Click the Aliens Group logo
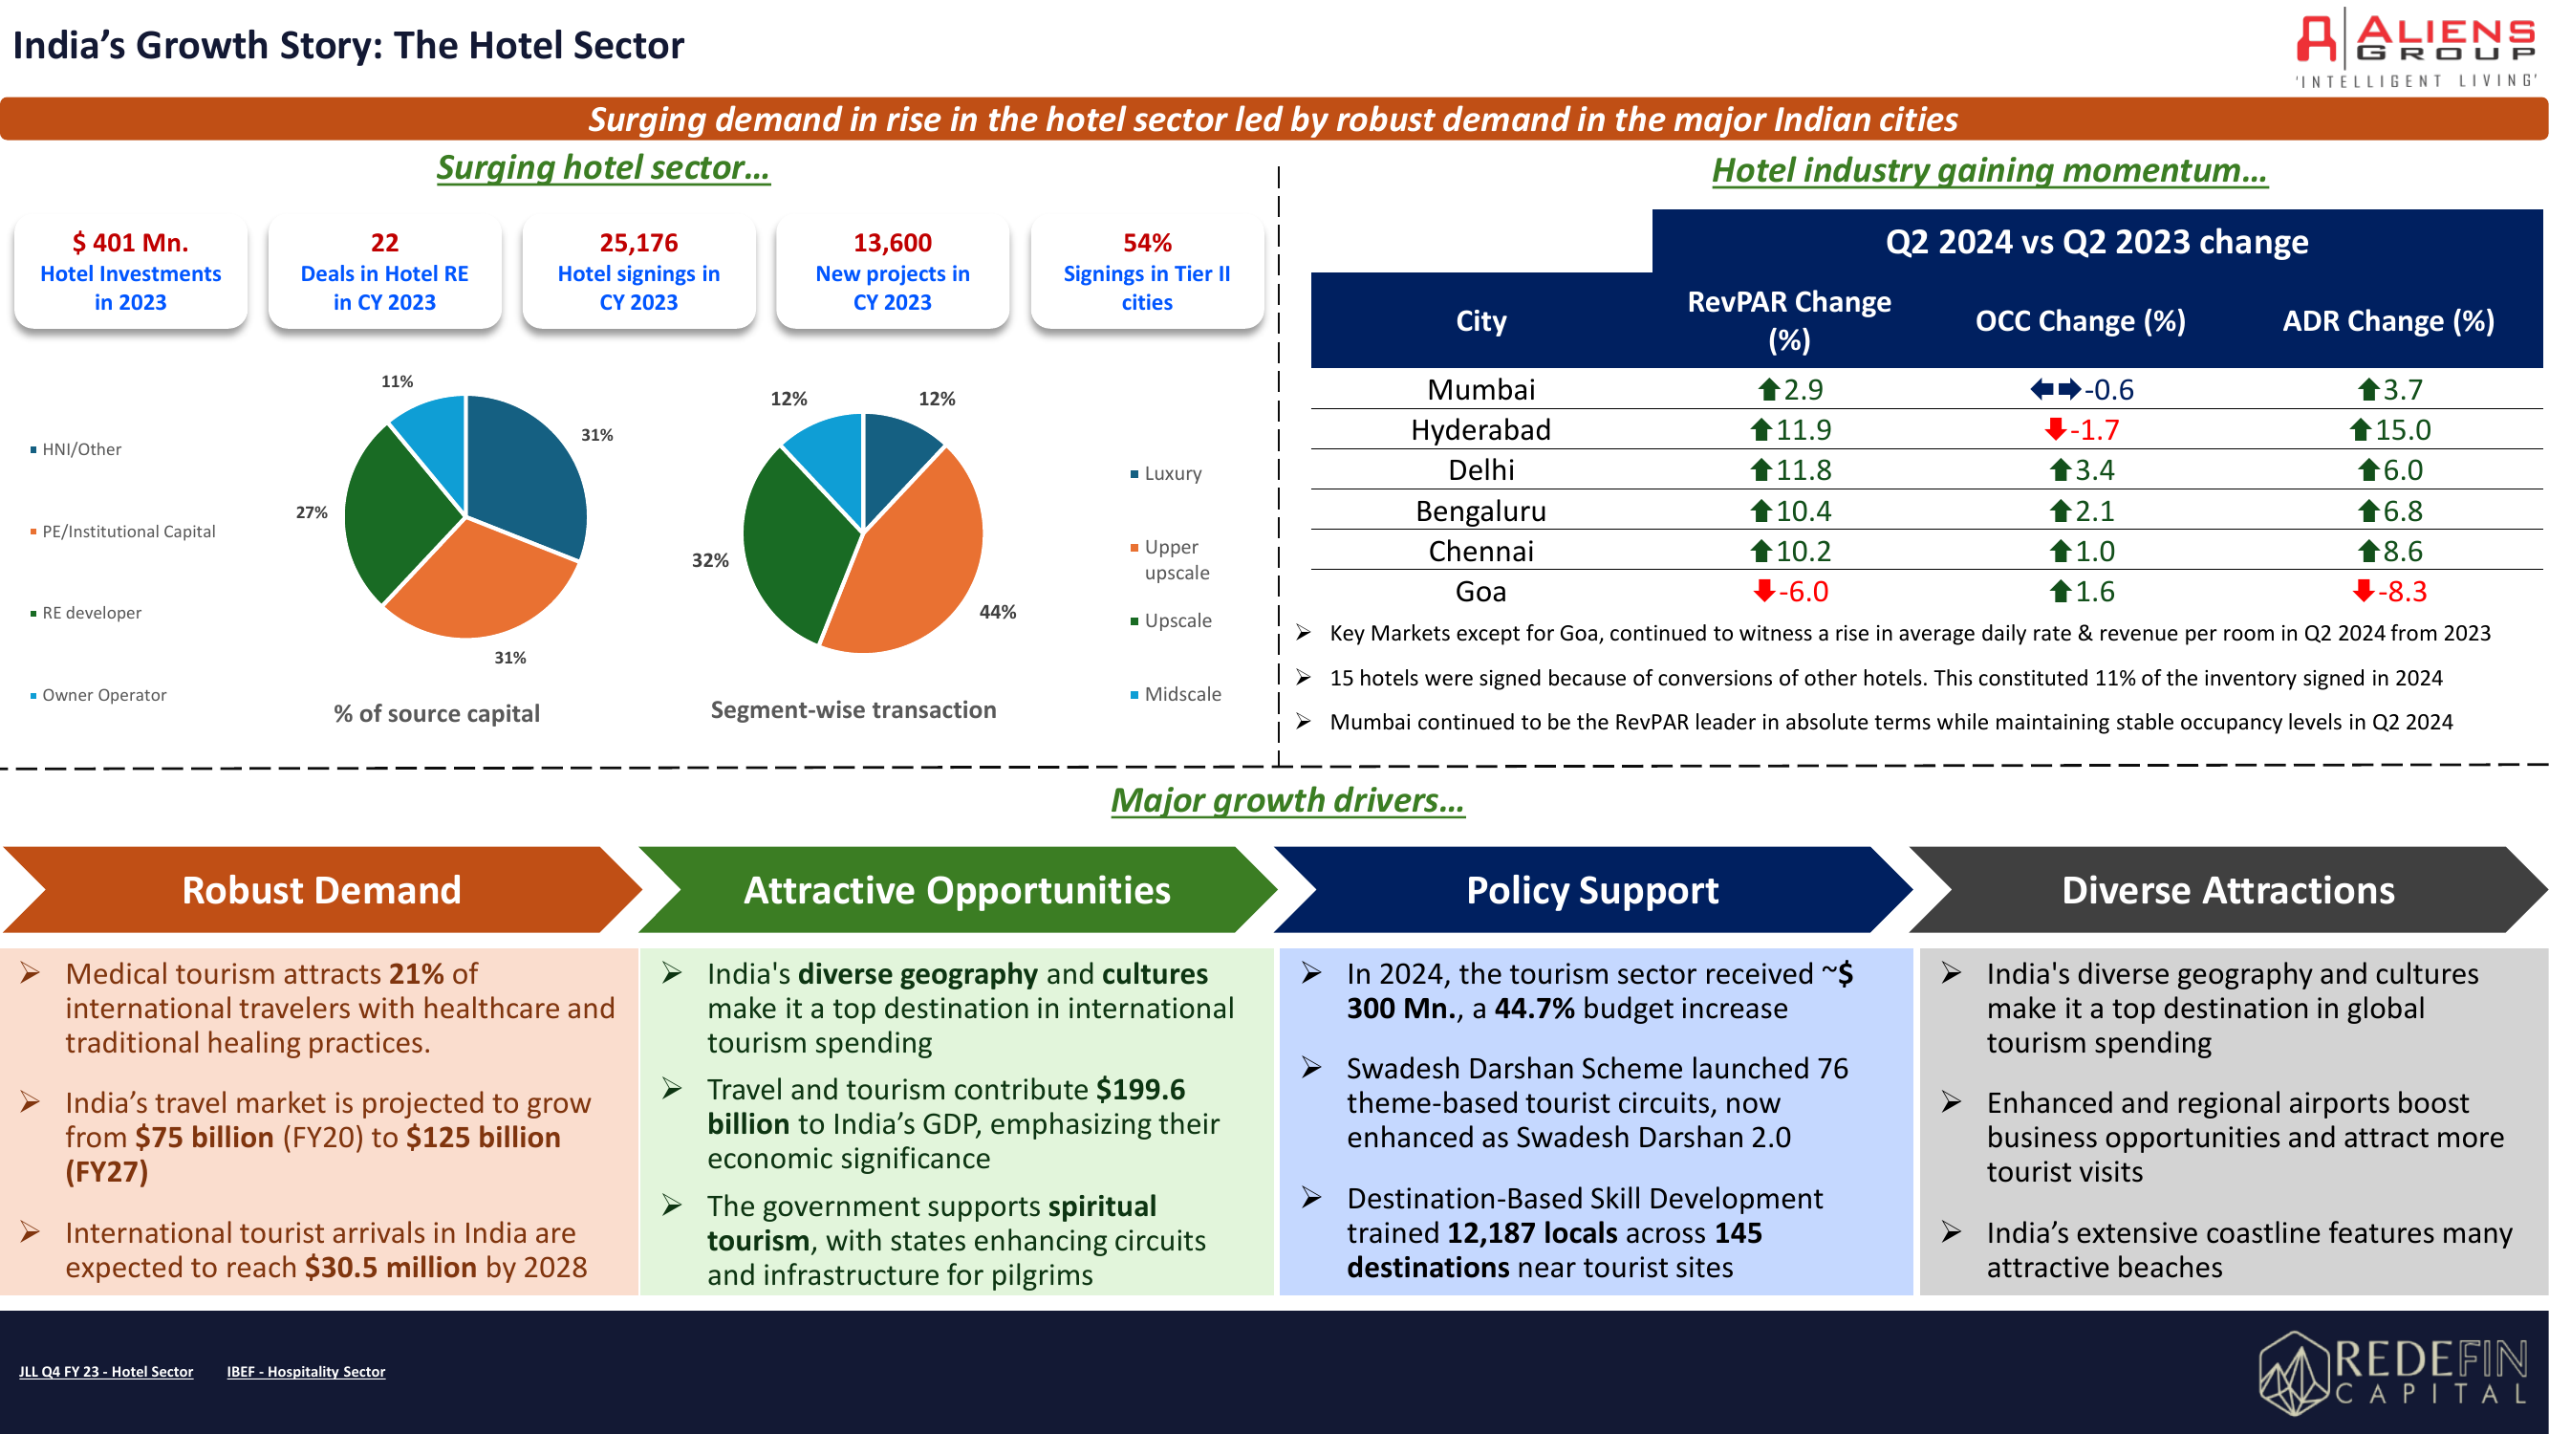(x=2415, y=50)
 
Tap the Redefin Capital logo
(x=2393, y=1371)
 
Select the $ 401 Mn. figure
(x=131, y=243)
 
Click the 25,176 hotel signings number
(x=638, y=243)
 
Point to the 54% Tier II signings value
(x=1147, y=243)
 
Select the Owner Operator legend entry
(x=99, y=695)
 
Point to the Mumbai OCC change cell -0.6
(x=2082, y=389)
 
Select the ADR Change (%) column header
(x=2387, y=320)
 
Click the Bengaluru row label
(x=1480, y=511)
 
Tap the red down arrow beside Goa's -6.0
(x=1763, y=591)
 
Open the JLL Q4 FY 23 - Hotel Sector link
(x=106, y=1372)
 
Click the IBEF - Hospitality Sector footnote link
(x=306, y=1372)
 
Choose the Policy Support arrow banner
(x=1592, y=890)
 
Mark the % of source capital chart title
(x=437, y=713)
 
